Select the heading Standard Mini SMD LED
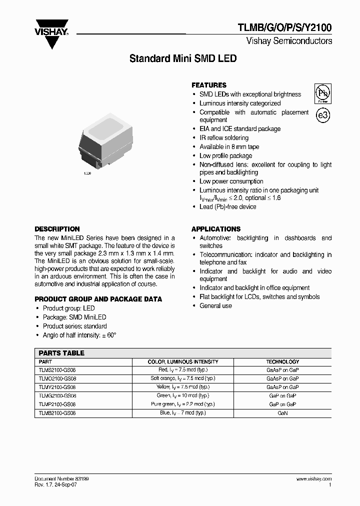coord(182,58)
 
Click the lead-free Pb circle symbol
coord(322,93)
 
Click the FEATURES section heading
coord(209,85)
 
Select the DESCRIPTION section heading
coord(57,229)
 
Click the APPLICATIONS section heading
coord(216,229)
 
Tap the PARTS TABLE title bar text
coord(61,353)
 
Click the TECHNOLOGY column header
coord(282,361)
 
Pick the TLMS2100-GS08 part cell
coord(57,370)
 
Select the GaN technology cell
coord(282,413)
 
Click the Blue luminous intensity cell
coord(182,413)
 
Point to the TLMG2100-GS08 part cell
coord(57,395)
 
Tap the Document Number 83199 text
coord(61,478)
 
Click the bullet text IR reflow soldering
coord(224,138)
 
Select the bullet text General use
coord(215,305)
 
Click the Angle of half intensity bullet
coord(79,335)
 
